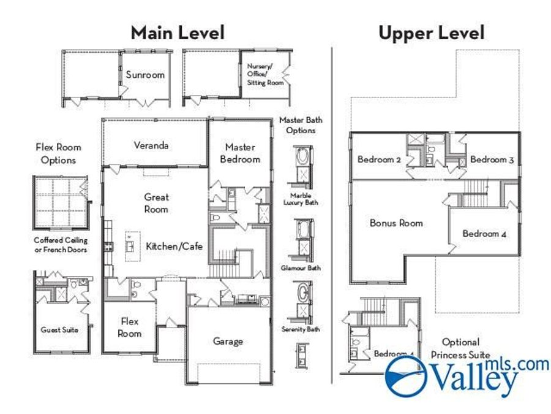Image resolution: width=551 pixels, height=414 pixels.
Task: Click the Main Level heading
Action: [x=178, y=32]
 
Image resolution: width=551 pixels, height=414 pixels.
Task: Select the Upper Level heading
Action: [x=431, y=33]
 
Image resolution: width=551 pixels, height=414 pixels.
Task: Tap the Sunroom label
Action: [x=145, y=75]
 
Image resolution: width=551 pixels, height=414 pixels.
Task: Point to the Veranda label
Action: [x=151, y=146]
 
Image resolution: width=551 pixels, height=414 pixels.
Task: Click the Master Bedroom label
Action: [x=239, y=153]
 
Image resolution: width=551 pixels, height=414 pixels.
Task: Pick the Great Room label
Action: [x=156, y=203]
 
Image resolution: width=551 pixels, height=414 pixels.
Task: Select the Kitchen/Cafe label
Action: [x=174, y=247]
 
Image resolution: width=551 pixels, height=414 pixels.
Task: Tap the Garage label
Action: [x=228, y=341]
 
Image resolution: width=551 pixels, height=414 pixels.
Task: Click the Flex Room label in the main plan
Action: [x=129, y=328]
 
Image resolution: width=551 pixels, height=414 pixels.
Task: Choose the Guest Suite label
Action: [x=59, y=330]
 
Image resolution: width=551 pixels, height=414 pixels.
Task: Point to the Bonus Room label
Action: [x=396, y=223]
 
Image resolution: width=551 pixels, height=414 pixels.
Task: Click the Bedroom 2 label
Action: [x=379, y=159]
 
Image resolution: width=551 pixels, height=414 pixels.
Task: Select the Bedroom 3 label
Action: [x=492, y=159]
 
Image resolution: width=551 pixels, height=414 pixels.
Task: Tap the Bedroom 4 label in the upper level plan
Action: [x=484, y=234]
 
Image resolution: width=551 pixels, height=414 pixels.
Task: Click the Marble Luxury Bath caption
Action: [x=301, y=199]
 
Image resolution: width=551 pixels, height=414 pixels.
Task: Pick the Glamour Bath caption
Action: [x=301, y=268]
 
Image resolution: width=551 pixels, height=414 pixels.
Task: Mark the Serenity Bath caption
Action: [x=301, y=329]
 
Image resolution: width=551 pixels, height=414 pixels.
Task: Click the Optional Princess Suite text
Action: [x=460, y=348]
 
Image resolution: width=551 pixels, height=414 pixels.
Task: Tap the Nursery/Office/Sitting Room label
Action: [x=265, y=74]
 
